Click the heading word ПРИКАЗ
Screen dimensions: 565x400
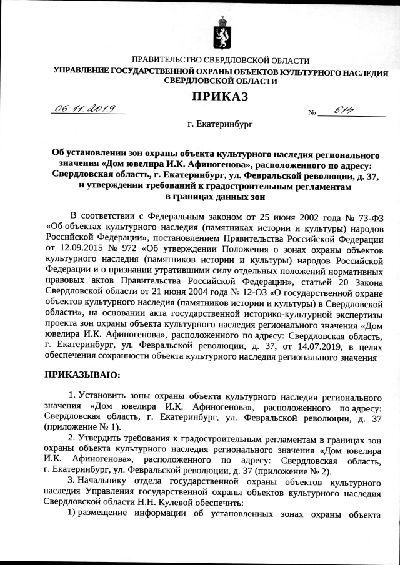coord(220,96)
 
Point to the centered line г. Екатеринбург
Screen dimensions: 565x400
coord(220,124)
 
